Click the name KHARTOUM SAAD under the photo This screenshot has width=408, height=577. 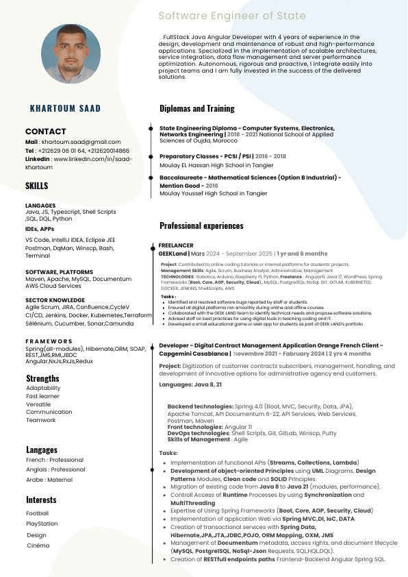point(66,108)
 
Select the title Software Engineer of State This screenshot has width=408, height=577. point(232,16)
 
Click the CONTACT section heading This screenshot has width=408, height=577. point(45,131)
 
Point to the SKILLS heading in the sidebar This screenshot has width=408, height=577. point(37,186)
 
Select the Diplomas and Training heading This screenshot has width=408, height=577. point(197,108)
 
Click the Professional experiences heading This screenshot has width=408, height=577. point(201,225)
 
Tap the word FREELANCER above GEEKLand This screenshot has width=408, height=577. point(176,245)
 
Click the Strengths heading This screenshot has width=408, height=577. point(42,378)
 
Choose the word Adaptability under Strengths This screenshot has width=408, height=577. point(43,389)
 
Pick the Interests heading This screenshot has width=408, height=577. point(42,500)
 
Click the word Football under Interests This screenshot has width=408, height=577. point(38,513)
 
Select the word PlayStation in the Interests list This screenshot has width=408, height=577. point(42,524)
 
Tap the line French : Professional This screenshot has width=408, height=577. point(55,461)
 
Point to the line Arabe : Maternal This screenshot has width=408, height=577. point(51,480)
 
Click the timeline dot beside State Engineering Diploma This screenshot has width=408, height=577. point(151,127)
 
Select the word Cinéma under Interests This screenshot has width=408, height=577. point(38,546)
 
